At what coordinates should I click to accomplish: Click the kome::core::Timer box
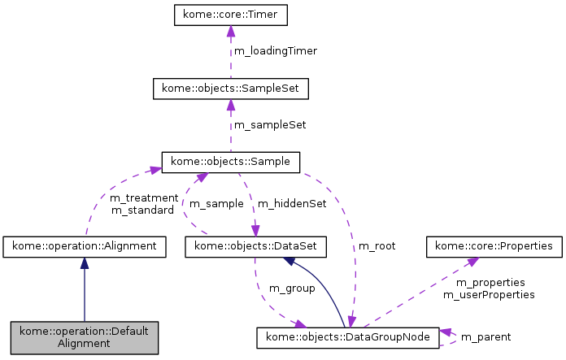point(231,15)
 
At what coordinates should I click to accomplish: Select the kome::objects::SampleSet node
point(231,89)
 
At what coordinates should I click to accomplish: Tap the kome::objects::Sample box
point(231,162)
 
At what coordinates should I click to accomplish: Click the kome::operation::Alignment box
point(85,245)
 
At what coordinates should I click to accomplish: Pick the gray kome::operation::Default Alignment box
point(85,337)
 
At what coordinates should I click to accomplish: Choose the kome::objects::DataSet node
point(256,245)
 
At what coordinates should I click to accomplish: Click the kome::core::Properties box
point(494,245)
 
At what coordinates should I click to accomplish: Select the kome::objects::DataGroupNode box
point(347,337)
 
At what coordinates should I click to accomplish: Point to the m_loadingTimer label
point(276,51)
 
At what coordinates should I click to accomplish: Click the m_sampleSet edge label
point(270,125)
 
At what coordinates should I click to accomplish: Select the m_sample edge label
point(216,203)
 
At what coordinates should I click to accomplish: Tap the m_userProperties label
point(489,295)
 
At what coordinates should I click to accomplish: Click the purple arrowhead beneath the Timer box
point(231,31)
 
